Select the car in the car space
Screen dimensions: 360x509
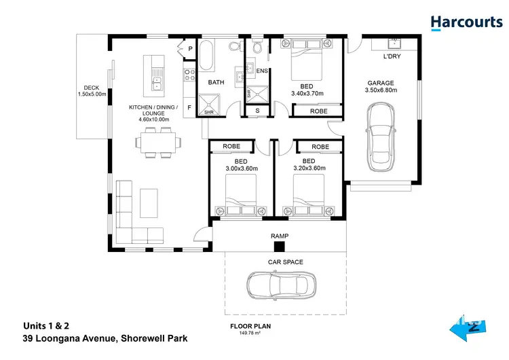pyautogui.click(x=281, y=286)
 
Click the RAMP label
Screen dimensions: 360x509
pyautogui.click(x=280, y=236)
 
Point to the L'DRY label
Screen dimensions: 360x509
pyautogui.click(x=392, y=56)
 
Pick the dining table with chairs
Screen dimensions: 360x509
pyautogui.click(x=159, y=143)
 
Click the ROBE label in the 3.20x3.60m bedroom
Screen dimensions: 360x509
pyautogui.click(x=320, y=147)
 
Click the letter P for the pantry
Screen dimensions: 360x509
pyautogui.click(x=190, y=50)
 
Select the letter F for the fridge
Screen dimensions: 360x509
pyautogui.click(x=189, y=107)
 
